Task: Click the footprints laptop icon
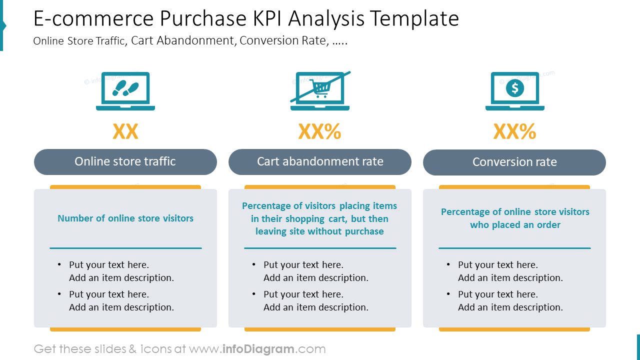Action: [125, 91]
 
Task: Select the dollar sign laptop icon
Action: [514, 91]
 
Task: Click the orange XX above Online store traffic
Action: [125, 131]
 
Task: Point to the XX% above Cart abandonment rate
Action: [320, 131]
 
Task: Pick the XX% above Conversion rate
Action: [514, 131]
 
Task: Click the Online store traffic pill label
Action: [125, 161]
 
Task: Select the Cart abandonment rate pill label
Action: [320, 161]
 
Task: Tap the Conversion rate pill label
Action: [514, 162]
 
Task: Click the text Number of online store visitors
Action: [125, 218]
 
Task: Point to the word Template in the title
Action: [415, 19]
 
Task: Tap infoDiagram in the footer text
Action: [258, 349]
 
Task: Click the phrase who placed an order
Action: [515, 225]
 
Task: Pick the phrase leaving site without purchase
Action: [320, 231]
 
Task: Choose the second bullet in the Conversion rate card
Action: [510, 300]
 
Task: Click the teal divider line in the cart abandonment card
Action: [320, 248]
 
